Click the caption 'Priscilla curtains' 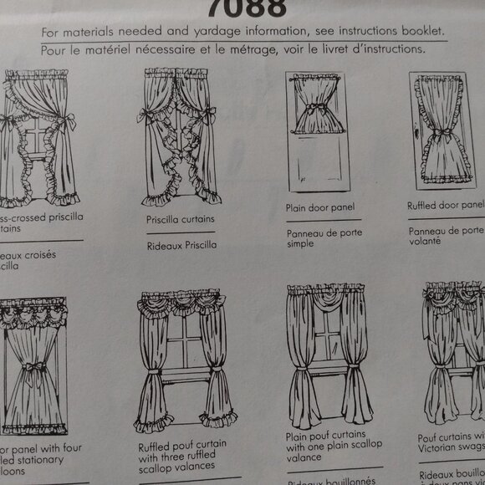pyautogui.click(x=180, y=219)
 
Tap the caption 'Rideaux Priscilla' pyautogui.click(x=181, y=245)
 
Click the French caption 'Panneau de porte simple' pyautogui.click(x=324, y=238)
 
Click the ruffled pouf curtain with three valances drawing pyautogui.click(x=183, y=360)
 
